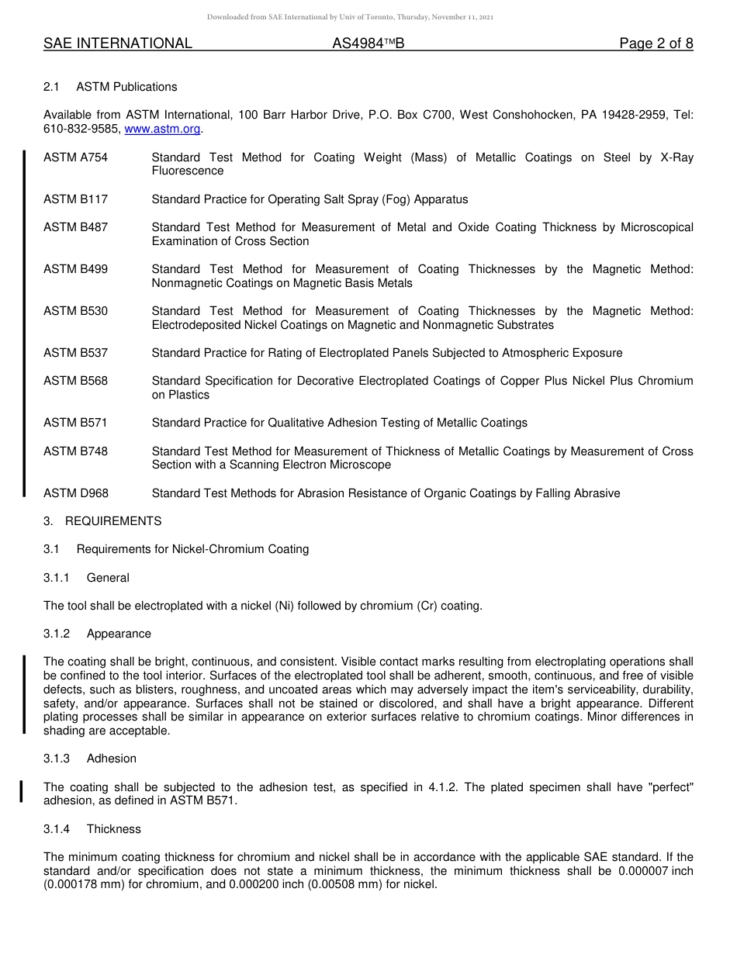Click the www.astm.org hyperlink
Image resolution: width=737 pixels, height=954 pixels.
pos(162,130)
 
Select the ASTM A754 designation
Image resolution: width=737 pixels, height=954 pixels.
pos(75,157)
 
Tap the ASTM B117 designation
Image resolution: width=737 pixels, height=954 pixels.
pos(75,199)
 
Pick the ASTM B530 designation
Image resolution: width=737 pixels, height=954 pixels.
pos(75,311)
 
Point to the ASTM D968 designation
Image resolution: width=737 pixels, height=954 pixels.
pos(75,493)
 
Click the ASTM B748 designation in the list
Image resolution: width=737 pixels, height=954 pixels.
pos(75,451)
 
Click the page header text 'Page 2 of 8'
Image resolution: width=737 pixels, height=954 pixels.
pos(656,43)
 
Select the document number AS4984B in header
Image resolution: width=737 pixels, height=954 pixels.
pos(368,43)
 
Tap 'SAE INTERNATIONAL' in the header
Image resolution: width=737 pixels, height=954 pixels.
pos(118,43)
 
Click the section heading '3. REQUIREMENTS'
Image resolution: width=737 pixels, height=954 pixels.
pos(102,521)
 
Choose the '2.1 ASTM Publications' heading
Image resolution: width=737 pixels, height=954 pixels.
pos(110,87)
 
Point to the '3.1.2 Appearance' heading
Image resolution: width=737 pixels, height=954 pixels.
pos(97,634)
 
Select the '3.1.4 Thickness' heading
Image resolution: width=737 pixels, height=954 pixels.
pos(92,829)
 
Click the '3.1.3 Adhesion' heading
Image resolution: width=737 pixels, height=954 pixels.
pos(89,759)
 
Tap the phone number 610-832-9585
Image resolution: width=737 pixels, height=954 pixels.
pos(81,130)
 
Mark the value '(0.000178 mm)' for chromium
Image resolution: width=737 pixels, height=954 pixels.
pos(81,883)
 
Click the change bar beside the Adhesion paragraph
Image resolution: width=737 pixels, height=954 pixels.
pos(22,791)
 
